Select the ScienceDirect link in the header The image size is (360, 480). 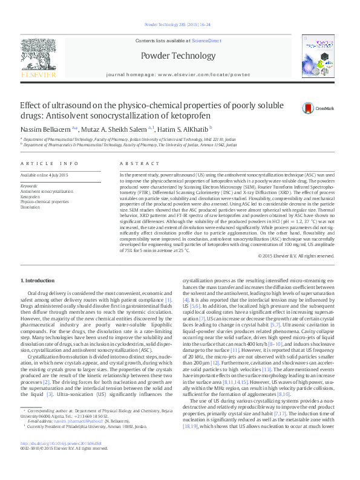[205, 41]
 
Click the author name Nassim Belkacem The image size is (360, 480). [40, 129]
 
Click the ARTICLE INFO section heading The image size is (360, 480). [50, 164]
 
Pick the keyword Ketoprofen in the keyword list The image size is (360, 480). [30, 196]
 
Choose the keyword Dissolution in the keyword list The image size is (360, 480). [30, 207]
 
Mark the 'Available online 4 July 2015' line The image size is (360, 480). [44, 175]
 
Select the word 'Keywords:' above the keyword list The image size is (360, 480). [29, 186]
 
